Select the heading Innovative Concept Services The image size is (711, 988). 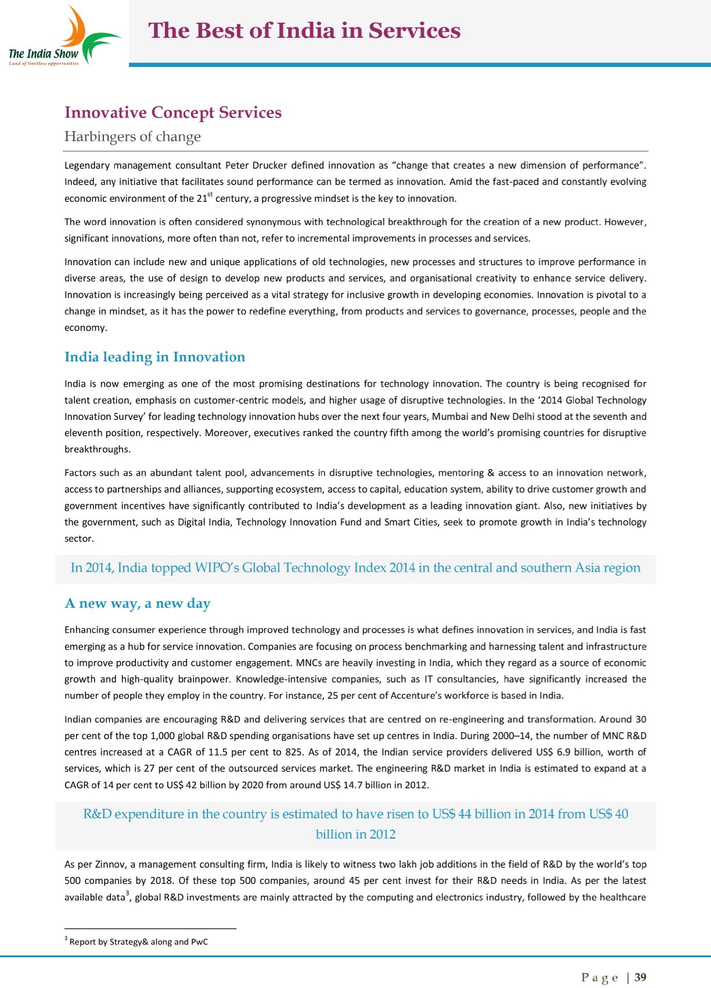(x=173, y=112)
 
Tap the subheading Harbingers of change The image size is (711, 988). (x=132, y=137)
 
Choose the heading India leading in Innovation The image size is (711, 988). (x=155, y=357)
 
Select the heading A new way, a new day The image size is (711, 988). (x=137, y=604)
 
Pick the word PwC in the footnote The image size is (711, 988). (x=199, y=942)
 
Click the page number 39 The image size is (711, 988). (x=640, y=978)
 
